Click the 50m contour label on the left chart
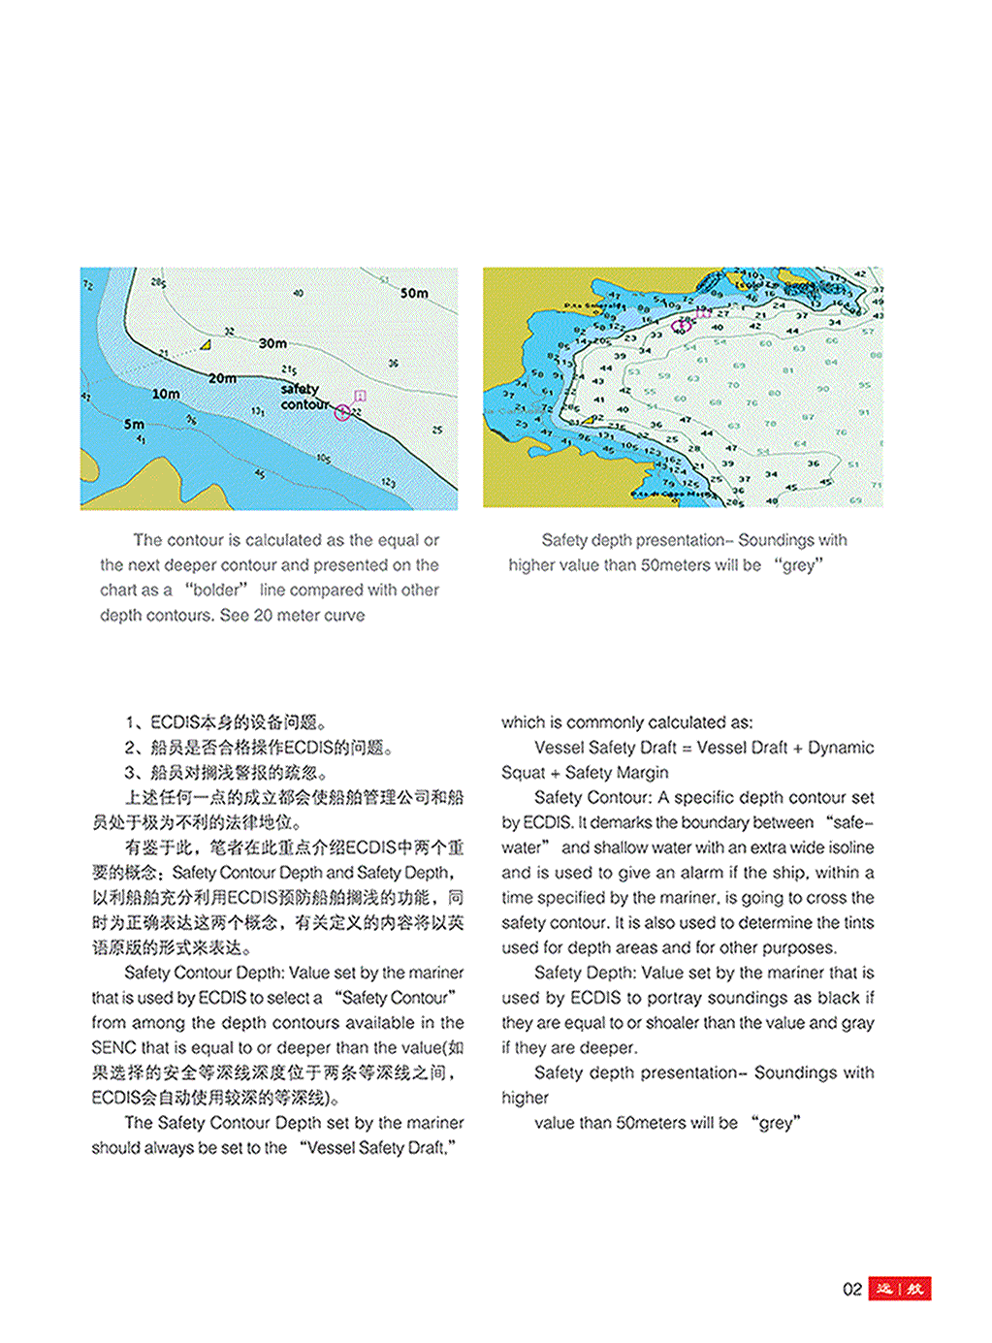tap(414, 293)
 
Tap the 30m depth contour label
tap(272, 343)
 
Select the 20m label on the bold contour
tap(222, 378)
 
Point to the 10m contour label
tap(165, 394)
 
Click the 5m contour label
tap(134, 424)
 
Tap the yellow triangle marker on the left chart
tap(206, 344)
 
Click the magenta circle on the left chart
tap(341, 412)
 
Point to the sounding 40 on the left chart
tap(298, 293)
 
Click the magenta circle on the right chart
tap(682, 325)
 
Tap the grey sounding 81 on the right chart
tap(788, 370)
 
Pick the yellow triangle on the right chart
tap(588, 420)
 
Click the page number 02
tap(851, 1289)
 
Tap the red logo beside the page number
tap(899, 1289)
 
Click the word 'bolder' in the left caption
tap(216, 590)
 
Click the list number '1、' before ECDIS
tap(136, 722)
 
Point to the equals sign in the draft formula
tap(687, 748)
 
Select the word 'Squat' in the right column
tap(523, 773)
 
